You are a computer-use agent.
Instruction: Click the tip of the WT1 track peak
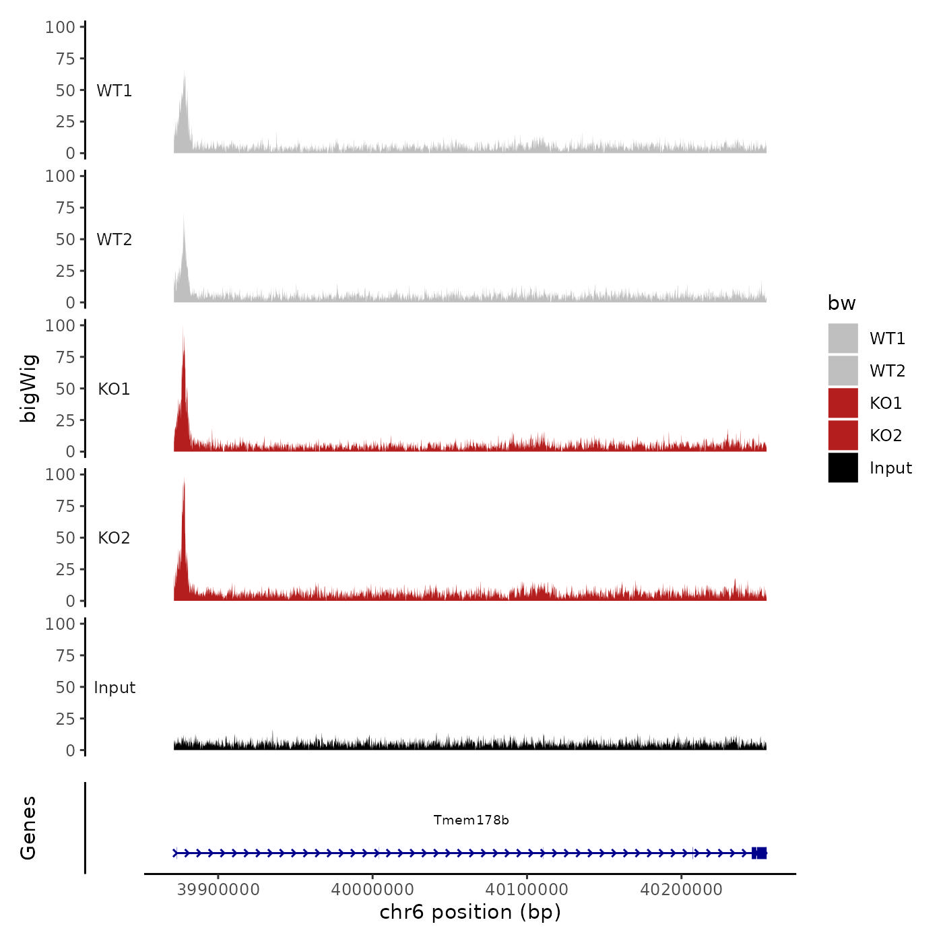(184, 71)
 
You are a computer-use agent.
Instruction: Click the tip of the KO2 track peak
(184, 479)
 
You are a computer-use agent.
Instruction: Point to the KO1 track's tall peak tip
(183, 327)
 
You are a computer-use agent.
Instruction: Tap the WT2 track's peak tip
(184, 216)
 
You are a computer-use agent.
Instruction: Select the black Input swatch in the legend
(843, 467)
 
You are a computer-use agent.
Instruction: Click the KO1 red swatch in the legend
(843, 403)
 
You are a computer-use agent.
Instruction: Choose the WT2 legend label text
(887, 370)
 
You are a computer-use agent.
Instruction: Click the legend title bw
(841, 303)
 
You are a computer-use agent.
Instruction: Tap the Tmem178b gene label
(471, 820)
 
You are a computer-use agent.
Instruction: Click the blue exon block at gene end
(760, 853)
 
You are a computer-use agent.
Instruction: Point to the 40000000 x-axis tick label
(372, 889)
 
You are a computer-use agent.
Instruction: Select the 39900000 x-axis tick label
(218, 889)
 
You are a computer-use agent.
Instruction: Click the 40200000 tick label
(681, 889)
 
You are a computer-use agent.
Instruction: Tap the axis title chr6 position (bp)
(470, 912)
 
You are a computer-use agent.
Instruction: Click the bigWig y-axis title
(28, 389)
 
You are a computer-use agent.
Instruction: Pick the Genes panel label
(28, 828)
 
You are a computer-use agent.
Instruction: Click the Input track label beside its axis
(115, 687)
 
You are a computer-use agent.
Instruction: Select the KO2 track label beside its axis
(114, 538)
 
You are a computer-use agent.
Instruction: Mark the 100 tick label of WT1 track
(60, 27)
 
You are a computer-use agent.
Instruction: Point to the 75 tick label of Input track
(65, 655)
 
